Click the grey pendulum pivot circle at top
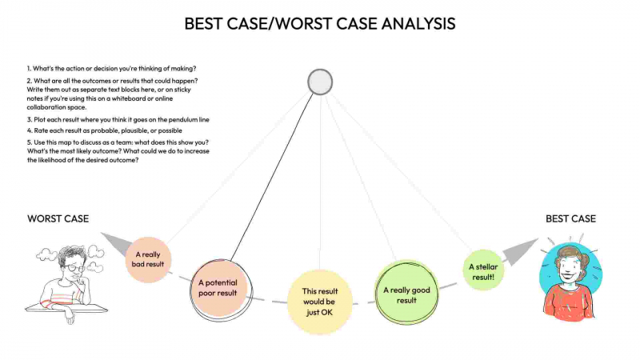click(x=320, y=82)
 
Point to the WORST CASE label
click(x=58, y=218)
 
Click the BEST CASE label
click(x=570, y=218)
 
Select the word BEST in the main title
click(x=204, y=24)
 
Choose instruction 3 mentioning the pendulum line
click(x=118, y=119)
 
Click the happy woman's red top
click(x=569, y=302)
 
